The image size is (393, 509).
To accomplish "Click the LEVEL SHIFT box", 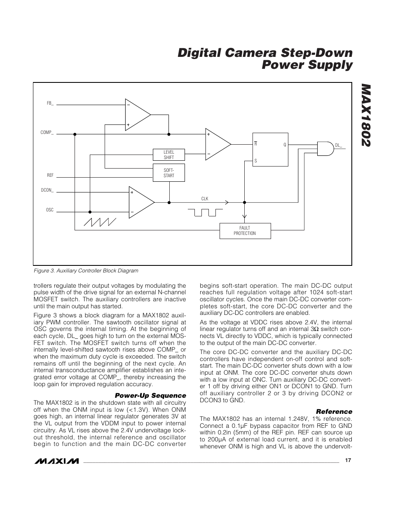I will (168, 155).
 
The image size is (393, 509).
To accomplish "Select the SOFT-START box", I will (168, 173).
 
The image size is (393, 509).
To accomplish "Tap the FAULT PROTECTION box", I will (245, 231).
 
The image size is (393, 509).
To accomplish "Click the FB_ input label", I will (50, 103).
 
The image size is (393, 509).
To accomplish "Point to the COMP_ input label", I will (47, 132).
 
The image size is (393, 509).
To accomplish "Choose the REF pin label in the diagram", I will (50, 175).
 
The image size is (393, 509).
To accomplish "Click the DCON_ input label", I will (47, 190).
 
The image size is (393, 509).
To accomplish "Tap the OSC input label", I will (50, 210).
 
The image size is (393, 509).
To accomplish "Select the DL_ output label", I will (339, 145).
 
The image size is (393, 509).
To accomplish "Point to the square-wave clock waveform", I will (205, 212).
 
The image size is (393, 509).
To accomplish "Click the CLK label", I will (205, 199).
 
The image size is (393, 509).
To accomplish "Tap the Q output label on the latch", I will (284, 145).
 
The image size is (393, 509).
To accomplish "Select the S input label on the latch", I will (256, 161).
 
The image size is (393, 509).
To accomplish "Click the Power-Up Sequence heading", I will (150, 396).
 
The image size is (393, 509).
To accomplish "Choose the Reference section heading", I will (334, 411).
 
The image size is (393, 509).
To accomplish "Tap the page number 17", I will (348, 460).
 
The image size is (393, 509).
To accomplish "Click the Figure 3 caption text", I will (86, 271).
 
